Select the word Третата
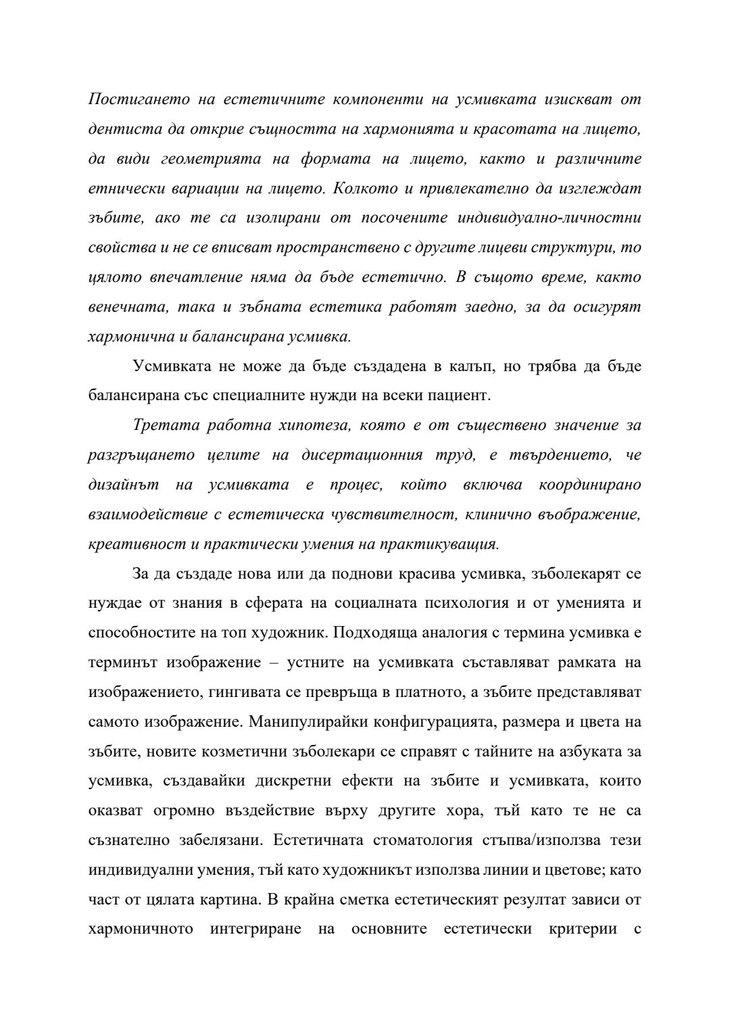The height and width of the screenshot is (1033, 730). point(162,425)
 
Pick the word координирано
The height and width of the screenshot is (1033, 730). point(589,485)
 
